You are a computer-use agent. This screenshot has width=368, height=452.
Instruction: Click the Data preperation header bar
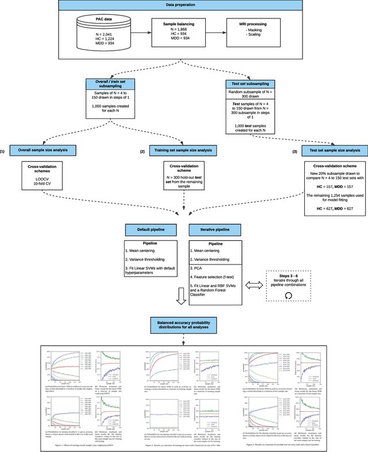point(183,5)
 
